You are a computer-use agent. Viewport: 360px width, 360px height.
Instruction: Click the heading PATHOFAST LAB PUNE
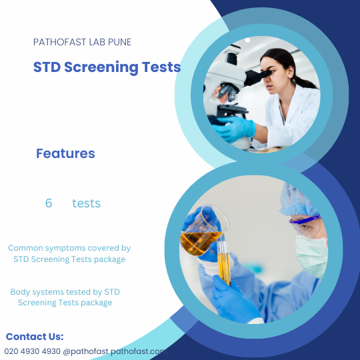click(82, 42)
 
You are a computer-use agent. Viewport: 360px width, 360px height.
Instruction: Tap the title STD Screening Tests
click(107, 67)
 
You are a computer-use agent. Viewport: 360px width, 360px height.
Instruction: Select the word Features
click(65, 153)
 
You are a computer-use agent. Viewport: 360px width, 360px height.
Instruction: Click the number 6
click(49, 203)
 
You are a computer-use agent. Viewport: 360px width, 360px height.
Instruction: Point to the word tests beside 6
click(86, 203)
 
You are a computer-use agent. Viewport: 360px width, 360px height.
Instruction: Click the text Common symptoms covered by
click(69, 247)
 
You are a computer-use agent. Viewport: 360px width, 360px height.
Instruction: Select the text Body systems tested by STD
click(65, 292)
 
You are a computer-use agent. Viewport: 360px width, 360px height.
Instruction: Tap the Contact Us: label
click(35, 337)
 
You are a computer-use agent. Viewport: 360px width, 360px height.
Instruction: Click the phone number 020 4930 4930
click(32, 351)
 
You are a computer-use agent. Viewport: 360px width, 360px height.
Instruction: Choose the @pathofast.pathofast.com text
click(113, 351)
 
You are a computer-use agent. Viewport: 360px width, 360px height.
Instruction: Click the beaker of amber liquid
click(200, 233)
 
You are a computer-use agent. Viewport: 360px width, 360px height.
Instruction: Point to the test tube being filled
click(223, 263)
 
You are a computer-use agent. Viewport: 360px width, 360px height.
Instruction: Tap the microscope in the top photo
click(230, 93)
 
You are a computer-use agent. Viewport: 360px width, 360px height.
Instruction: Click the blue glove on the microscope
click(236, 127)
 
